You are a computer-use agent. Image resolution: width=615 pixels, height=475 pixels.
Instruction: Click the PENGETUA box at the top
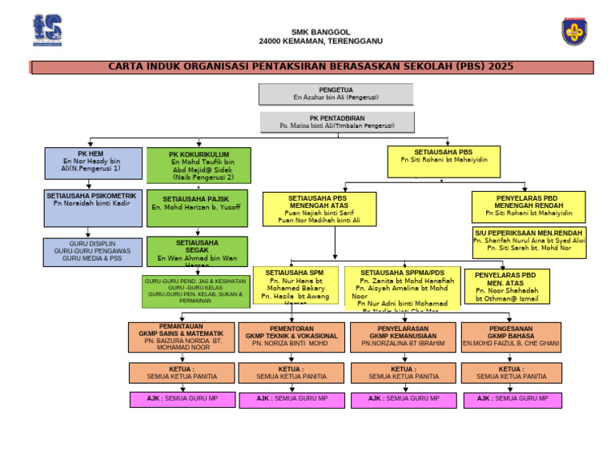click(336, 94)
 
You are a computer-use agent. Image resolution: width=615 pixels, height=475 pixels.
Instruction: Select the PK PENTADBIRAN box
click(337, 122)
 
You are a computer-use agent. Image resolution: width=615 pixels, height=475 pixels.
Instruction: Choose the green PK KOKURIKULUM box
click(199, 166)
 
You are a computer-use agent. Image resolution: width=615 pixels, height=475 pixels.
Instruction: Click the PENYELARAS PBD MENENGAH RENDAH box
click(529, 206)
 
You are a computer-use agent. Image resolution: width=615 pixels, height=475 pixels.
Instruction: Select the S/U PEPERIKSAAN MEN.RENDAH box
click(529, 241)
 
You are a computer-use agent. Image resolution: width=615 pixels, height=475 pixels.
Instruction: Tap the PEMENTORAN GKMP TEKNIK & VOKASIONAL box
click(291, 337)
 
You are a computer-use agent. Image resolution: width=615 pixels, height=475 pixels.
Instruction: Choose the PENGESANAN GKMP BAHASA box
click(511, 337)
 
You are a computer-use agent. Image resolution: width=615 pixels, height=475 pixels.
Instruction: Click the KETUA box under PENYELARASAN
click(404, 373)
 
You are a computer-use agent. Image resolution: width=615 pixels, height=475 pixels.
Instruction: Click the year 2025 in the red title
click(500, 67)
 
